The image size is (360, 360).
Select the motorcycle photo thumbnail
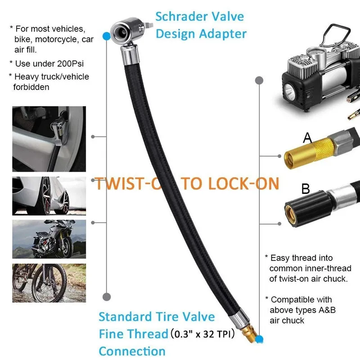click(x=49, y=239)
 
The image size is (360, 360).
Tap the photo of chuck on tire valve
click(x=49, y=139)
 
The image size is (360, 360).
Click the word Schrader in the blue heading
click(x=182, y=17)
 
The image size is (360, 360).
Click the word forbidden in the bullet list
click(x=31, y=87)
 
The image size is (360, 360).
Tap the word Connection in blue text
click(x=132, y=351)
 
